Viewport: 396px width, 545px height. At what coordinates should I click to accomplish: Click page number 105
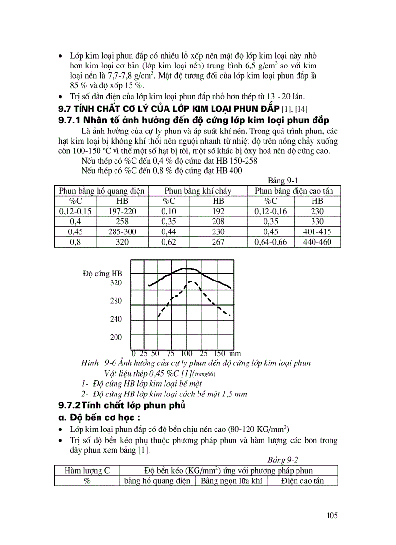332,515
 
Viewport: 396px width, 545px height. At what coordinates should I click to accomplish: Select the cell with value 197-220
123,211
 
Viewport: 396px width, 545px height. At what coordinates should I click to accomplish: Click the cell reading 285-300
123,231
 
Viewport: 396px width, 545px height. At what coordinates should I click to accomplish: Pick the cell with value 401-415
317,231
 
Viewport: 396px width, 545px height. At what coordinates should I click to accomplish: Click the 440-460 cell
317,242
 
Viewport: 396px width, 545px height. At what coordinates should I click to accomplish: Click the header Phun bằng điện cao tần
294,191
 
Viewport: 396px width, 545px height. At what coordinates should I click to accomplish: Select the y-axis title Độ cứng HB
102,274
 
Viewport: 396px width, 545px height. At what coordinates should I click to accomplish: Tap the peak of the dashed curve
191,281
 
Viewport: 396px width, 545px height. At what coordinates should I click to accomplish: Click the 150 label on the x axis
219,354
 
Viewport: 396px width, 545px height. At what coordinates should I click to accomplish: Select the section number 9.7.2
69,405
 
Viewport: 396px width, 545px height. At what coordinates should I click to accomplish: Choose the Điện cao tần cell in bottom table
302,481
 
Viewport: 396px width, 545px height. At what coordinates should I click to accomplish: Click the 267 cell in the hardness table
218,242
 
